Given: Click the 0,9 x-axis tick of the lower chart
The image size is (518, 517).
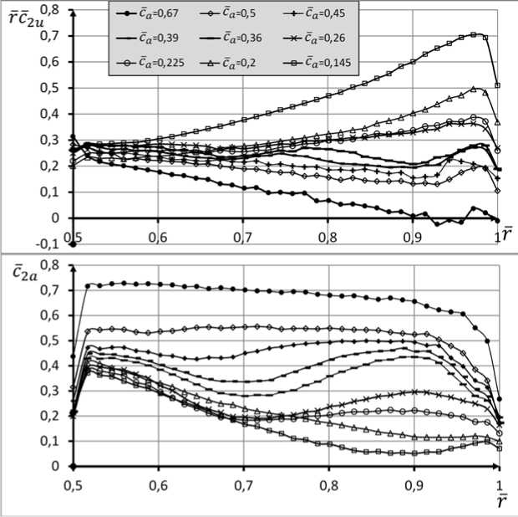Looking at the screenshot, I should [414, 484].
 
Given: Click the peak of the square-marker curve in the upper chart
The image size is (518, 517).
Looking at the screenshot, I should [475, 34].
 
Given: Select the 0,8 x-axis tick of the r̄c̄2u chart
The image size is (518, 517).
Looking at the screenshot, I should [328, 237].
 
